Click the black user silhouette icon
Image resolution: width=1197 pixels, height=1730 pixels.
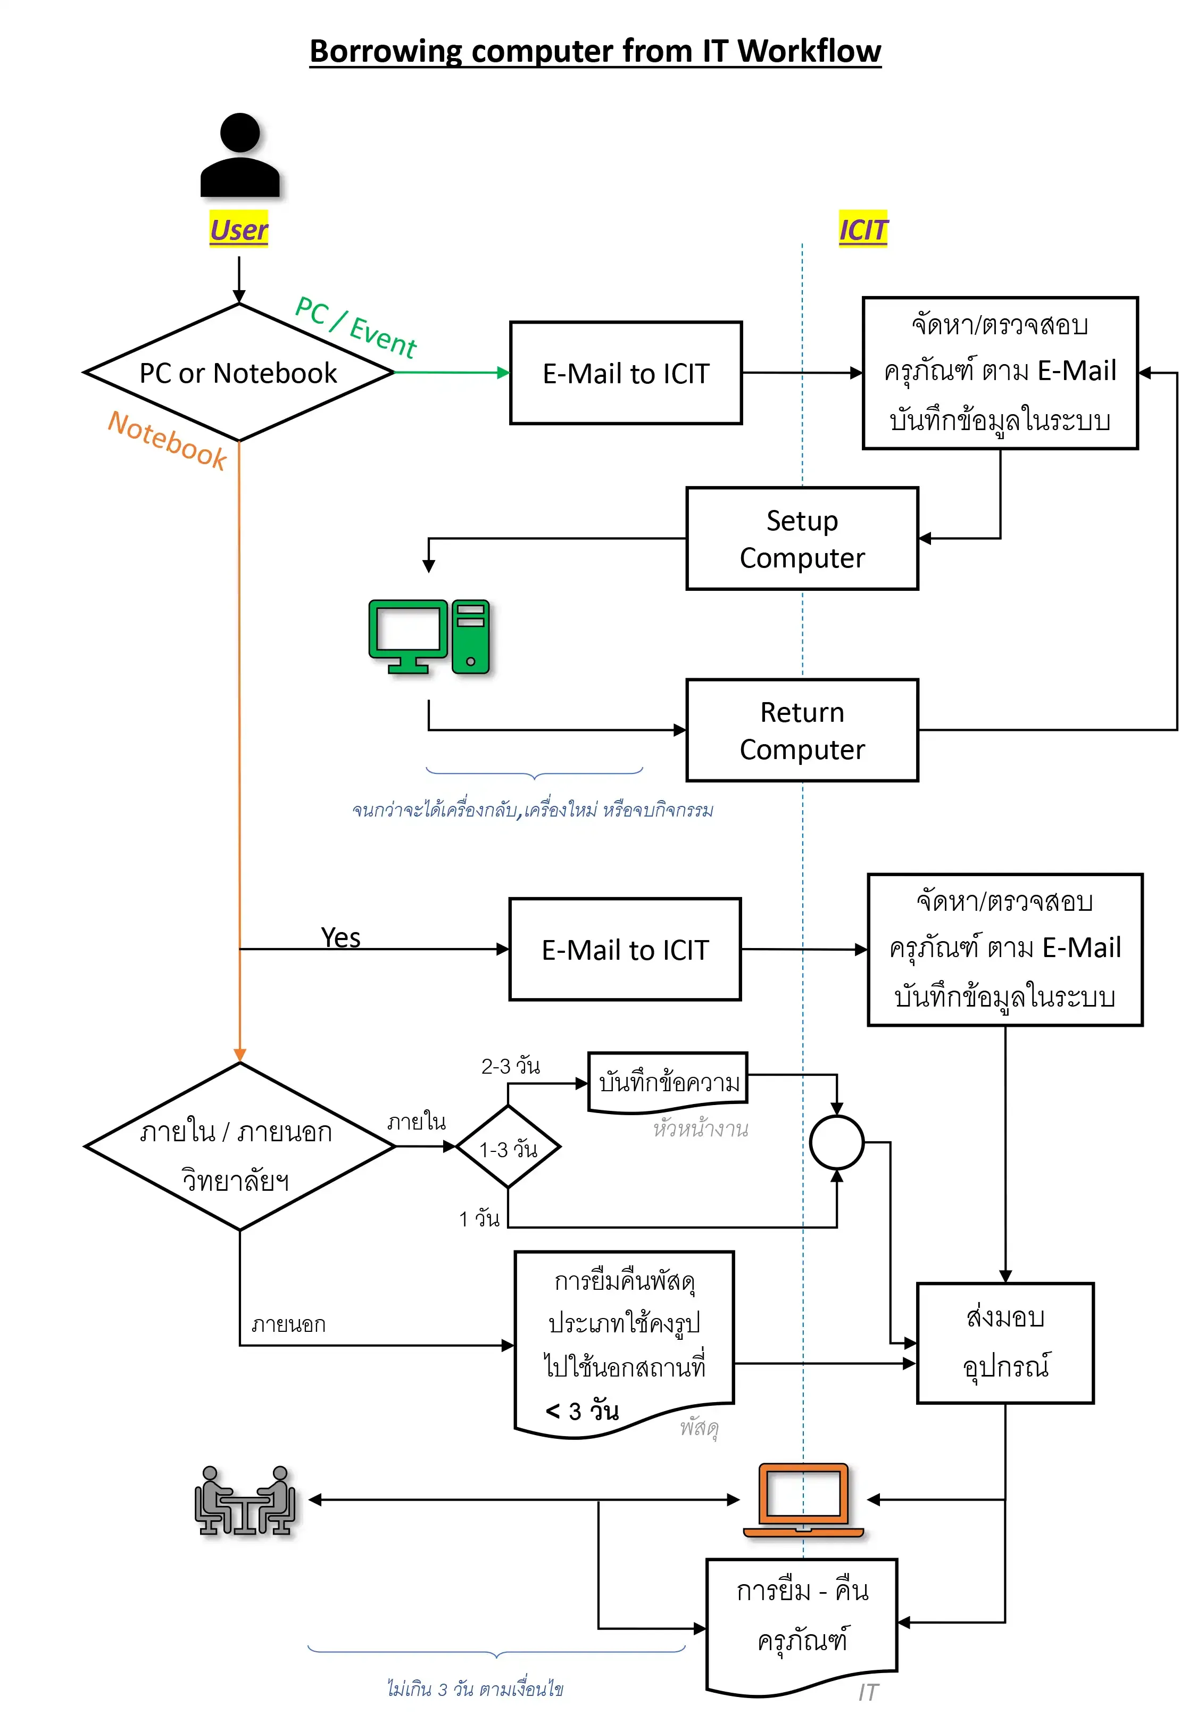pyautogui.click(x=239, y=155)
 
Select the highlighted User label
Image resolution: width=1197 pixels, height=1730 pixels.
pyautogui.click(x=238, y=229)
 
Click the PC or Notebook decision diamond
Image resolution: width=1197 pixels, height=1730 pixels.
pyautogui.click(x=238, y=372)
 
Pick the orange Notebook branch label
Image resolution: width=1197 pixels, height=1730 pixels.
pyautogui.click(x=167, y=440)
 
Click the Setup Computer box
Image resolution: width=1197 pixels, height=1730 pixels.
pyautogui.click(x=802, y=539)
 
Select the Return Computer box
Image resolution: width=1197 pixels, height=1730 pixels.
pyautogui.click(x=802, y=730)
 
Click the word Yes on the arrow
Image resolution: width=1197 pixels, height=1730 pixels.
pyautogui.click(x=340, y=938)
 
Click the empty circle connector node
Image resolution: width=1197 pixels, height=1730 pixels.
pyautogui.click(x=836, y=1142)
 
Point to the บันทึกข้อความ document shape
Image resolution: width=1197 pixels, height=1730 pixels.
pyautogui.click(x=668, y=1083)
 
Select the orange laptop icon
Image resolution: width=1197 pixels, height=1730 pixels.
pyautogui.click(x=803, y=1500)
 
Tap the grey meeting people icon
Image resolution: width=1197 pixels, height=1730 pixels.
pyautogui.click(x=245, y=1501)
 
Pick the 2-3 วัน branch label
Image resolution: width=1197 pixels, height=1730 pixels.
pyautogui.click(x=510, y=1065)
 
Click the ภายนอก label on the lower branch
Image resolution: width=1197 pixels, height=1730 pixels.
pyautogui.click(x=288, y=1324)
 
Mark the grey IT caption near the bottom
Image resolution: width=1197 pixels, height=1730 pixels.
pyautogui.click(x=868, y=1693)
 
